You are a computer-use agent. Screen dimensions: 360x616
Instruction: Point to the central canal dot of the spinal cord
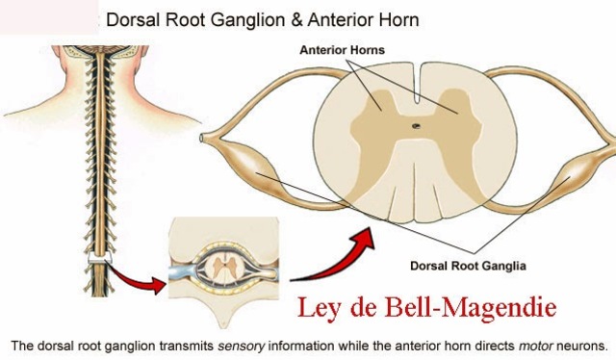(417, 126)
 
